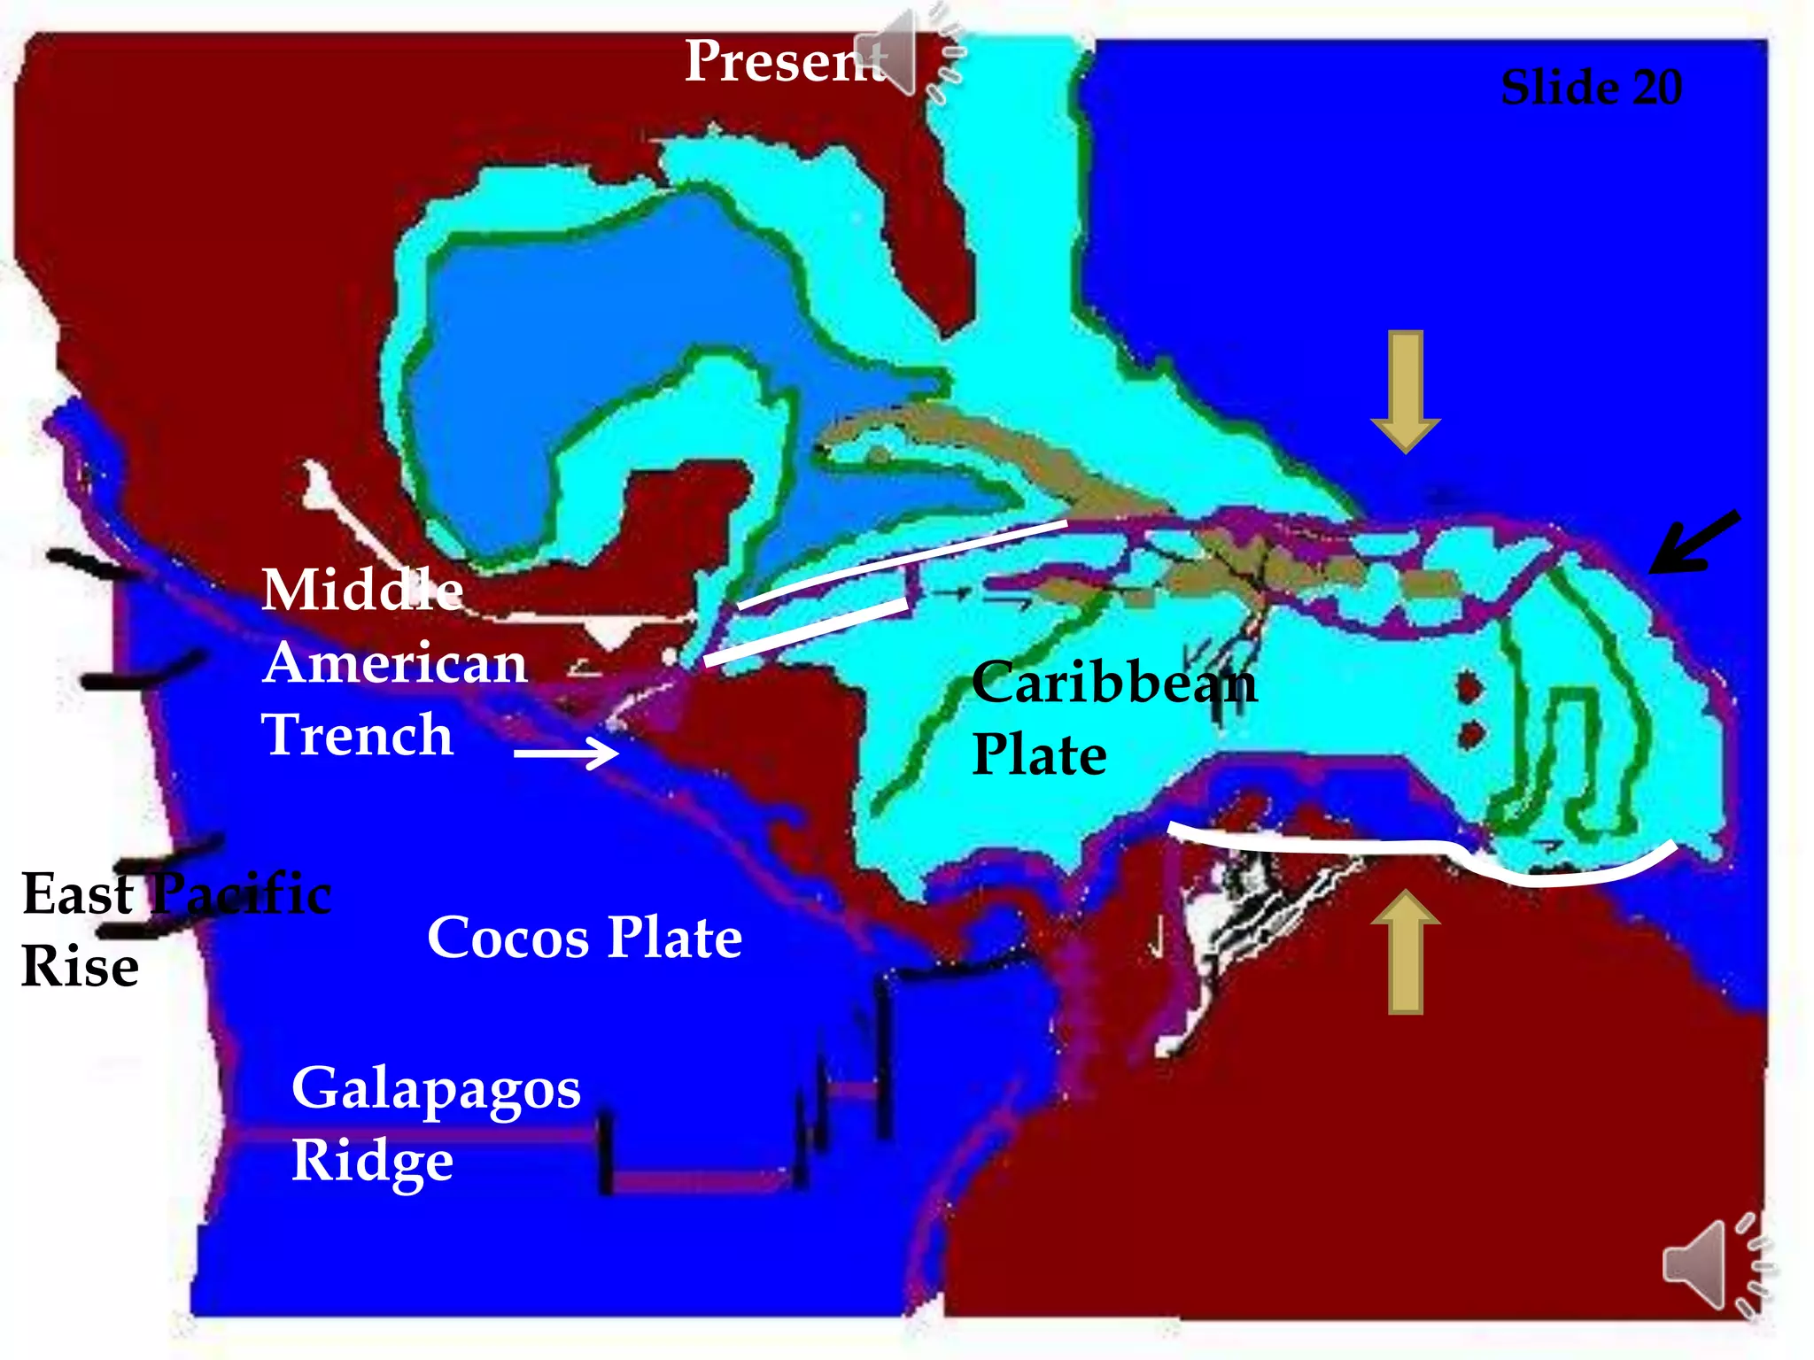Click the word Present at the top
click(784, 62)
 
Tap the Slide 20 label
click(1591, 88)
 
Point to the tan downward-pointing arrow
click(1406, 390)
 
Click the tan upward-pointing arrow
click(1406, 952)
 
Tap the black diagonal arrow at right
click(1694, 542)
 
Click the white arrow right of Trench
click(566, 753)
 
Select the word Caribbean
click(1113, 683)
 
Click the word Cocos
click(508, 938)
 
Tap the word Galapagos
click(436, 1089)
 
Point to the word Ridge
click(372, 1161)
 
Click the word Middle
click(362, 590)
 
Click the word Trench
click(357, 735)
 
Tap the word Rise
click(80, 967)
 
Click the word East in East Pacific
click(78, 894)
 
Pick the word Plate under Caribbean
click(1039, 755)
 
